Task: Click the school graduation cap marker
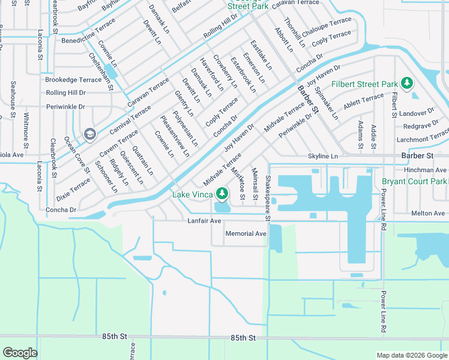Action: click(x=89, y=133)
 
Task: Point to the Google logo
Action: click(x=20, y=353)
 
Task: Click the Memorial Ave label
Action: click(x=246, y=233)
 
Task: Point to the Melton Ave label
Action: click(x=427, y=213)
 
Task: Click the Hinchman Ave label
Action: click(x=426, y=170)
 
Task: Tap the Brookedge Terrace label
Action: click(x=73, y=80)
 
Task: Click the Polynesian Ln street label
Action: click(x=185, y=129)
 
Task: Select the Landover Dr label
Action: click(x=418, y=112)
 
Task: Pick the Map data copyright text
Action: click(x=412, y=355)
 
